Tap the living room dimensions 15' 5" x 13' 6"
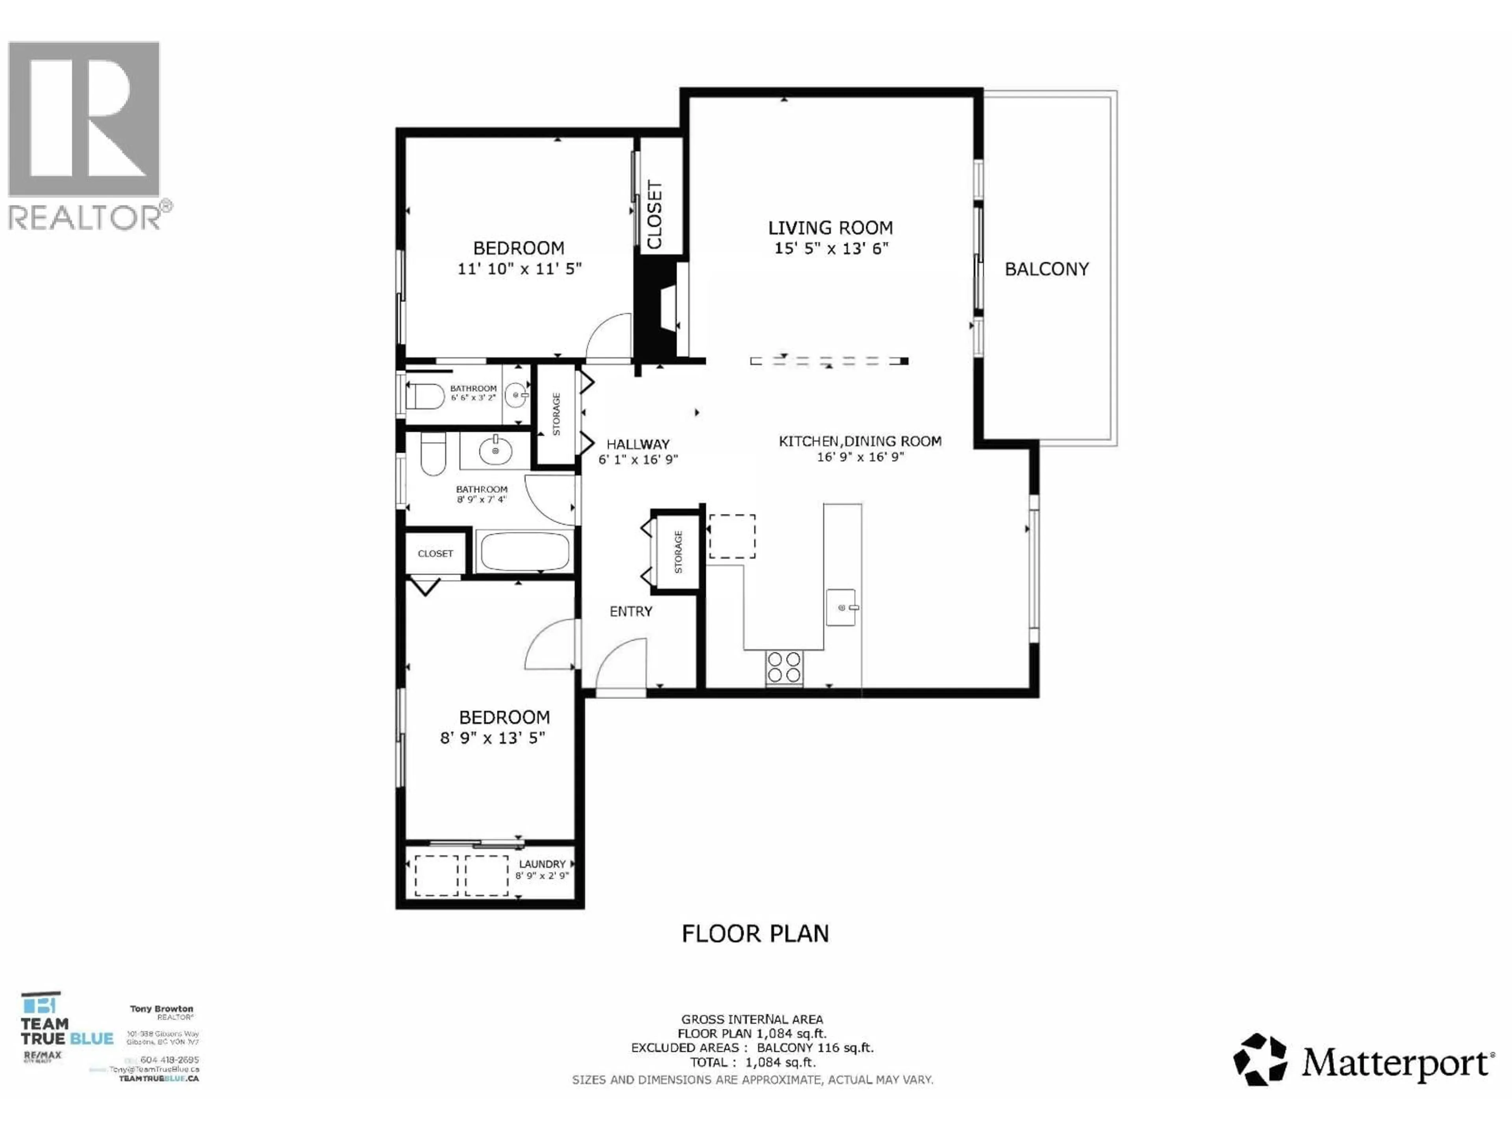830,248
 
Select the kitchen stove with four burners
784,667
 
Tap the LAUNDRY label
542,864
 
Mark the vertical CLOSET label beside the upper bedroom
655,215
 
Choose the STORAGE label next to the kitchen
678,552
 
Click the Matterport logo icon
1259,1059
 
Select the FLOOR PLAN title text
755,934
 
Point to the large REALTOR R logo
84,120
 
